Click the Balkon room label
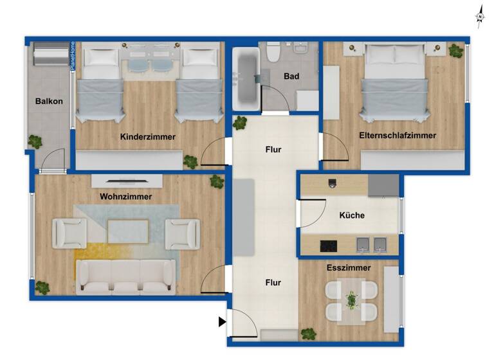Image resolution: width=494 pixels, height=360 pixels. (x=49, y=101)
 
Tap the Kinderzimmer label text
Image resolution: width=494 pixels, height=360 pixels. (x=147, y=137)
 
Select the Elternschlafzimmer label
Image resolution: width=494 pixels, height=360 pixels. (x=398, y=136)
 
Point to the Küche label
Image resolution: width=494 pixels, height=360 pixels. (x=352, y=215)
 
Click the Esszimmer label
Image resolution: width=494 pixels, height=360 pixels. (x=348, y=267)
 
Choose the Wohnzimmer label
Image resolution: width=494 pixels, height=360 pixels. (x=125, y=197)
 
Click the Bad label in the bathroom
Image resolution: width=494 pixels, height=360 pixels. (x=291, y=76)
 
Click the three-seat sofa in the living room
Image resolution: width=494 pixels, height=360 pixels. (x=125, y=276)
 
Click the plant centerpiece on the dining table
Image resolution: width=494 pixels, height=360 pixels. (x=351, y=300)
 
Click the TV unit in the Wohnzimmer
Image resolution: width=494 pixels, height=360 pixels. (x=125, y=181)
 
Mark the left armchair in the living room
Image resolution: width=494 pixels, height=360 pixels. (x=69, y=233)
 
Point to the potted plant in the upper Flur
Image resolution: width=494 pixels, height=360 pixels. (x=241, y=122)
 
